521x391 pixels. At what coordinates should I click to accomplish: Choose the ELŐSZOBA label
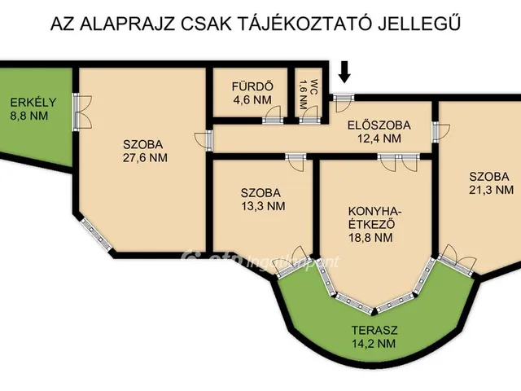pyautogui.click(x=379, y=125)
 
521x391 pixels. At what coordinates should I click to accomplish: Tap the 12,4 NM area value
pyautogui.click(x=379, y=139)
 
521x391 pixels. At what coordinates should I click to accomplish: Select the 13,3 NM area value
pyautogui.click(x=262, y=207)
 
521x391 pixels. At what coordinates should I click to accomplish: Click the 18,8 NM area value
pyautogui.click(x=371, y=239)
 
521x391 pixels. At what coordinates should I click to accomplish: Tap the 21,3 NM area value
pyautogui.click(x=491, y=191)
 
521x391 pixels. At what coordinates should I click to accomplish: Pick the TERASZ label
pyautogui.click(x=374, y=330)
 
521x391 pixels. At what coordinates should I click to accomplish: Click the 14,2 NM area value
pyautogui.click(x=374, y=344)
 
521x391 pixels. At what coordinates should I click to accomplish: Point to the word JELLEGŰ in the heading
pyautogui.click(x=423, y=23)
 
